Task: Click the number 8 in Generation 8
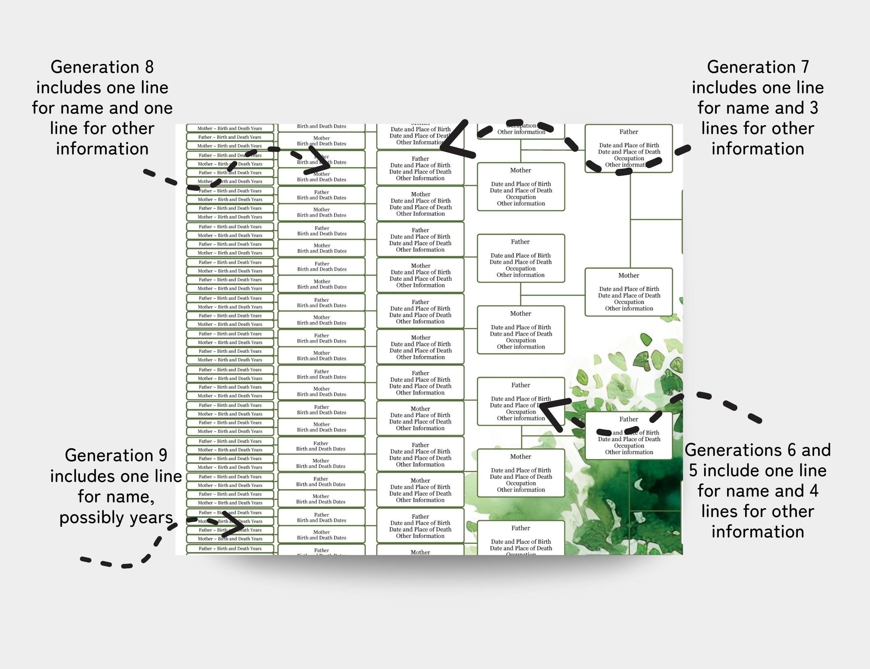tap(149, 67)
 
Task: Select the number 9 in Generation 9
tap(163, 456)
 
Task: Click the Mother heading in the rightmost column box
tap(629, 276)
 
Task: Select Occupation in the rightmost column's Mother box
tap(629, 302)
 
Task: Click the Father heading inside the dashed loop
tap(629, 132)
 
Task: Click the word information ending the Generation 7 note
tap(758, 149)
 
